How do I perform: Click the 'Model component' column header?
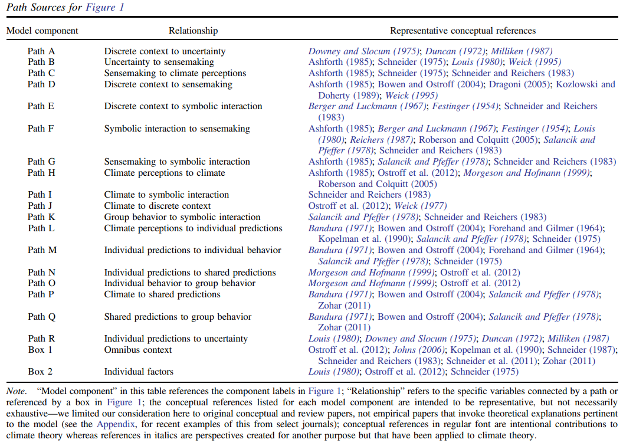click(x=42, y=31)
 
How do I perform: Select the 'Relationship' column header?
click(x=193, y=31)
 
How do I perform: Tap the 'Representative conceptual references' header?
click(x=463, y=31)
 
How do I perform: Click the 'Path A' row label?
click(x=41, y=51)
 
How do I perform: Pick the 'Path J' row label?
click(x=41, y=206)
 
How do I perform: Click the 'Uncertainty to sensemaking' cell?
click(x=159, y=62)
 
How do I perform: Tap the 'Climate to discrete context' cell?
click(x=158, y=206)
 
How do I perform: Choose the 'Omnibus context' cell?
click(x=138, y=350)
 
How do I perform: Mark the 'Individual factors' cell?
click(x=139, y=372)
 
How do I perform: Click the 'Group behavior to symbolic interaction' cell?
click(x=182, y=217)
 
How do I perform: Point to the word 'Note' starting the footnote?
click(x=16, y=391)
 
